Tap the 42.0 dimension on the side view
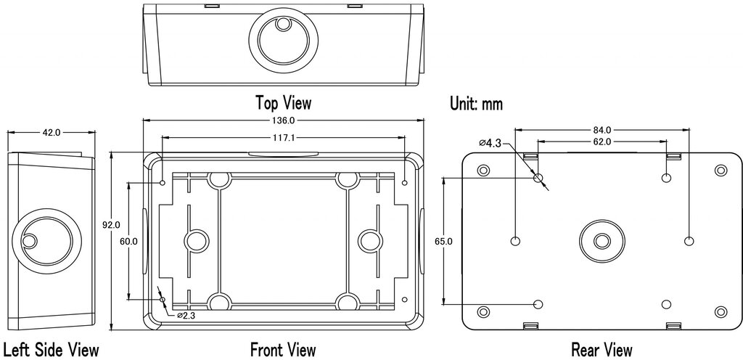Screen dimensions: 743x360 click(x=52, y=133)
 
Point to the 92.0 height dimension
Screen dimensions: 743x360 click(x=112, y=225)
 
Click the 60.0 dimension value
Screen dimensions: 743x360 click(x=128, y=241)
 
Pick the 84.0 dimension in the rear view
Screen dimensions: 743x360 click(x=602, y=129)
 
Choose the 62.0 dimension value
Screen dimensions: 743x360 click(x=602, y=142)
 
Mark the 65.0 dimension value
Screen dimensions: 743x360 click(x=443, y=242)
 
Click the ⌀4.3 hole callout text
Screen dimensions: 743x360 click(x=490, y=142)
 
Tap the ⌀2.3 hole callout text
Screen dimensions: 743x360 click(x=186, y=315)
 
